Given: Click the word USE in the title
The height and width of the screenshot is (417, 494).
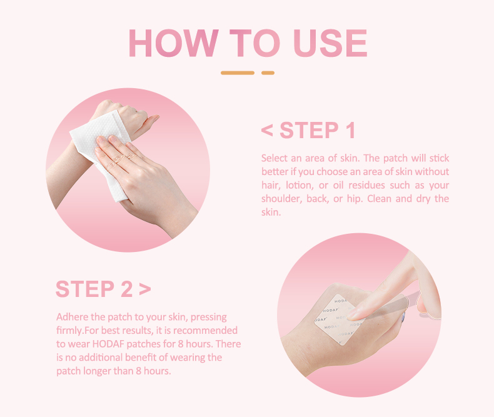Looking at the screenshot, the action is (330, 43).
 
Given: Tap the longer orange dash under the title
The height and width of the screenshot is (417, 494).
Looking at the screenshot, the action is (238, 73).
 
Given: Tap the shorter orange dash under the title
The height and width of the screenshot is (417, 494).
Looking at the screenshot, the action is (268, 73).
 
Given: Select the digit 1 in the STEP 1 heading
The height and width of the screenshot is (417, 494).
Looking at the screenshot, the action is (350, 131).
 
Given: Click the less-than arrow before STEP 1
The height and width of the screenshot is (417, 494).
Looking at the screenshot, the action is (267, 131).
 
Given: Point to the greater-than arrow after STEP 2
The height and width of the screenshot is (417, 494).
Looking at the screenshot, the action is (145, 289).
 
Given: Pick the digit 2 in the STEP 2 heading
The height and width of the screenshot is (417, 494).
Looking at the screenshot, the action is (127, 289).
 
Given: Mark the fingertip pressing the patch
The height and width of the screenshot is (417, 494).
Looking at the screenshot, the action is (352, 315).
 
